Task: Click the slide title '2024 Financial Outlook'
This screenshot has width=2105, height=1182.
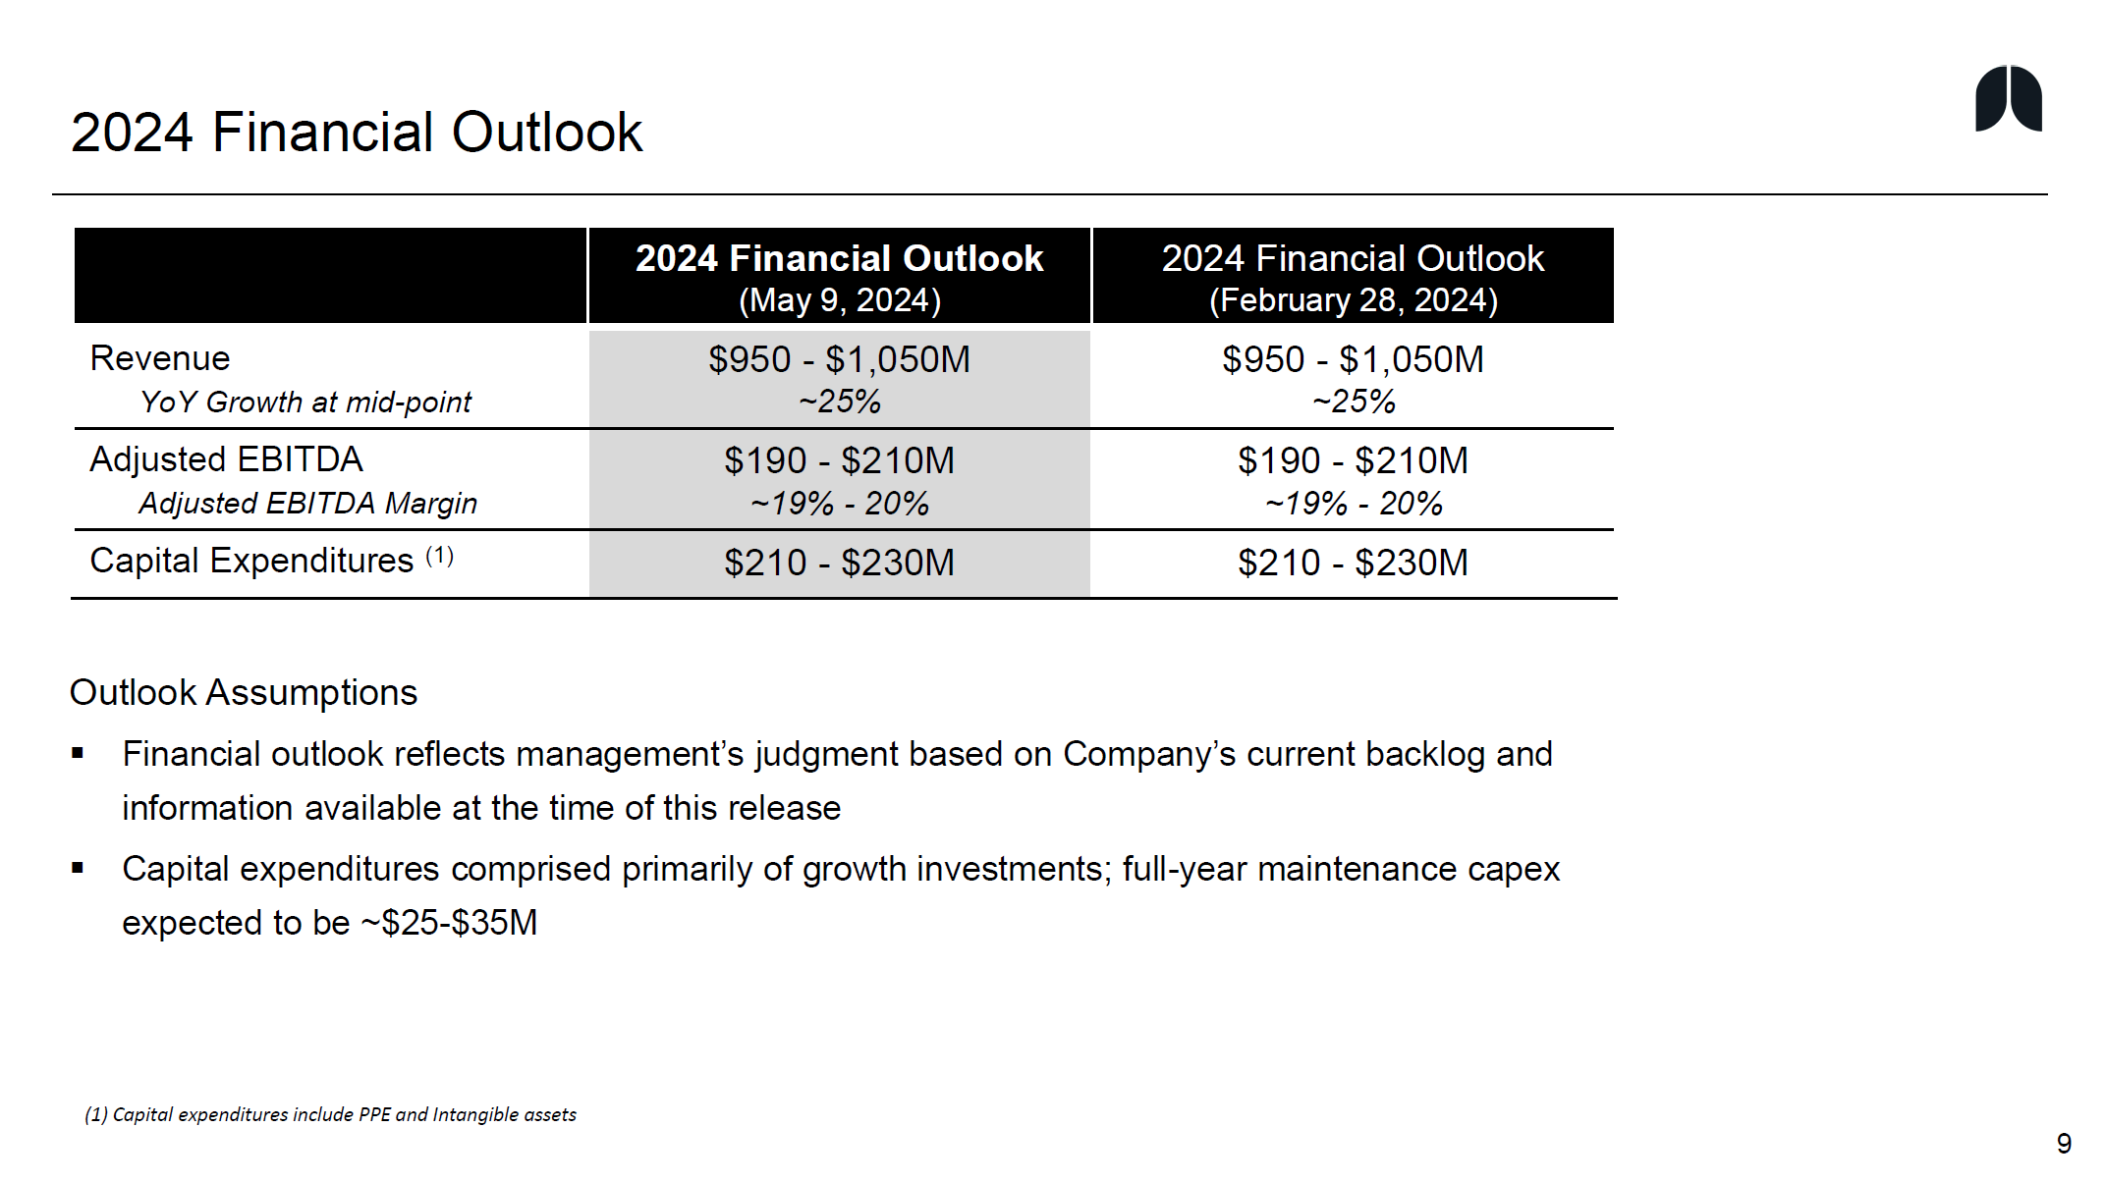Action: tap(356, 133)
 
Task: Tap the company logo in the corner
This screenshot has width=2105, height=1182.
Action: tap(2008, 99)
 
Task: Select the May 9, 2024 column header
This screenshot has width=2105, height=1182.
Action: tap(839, 277)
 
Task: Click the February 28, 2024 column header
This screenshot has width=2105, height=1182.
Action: tap(1353, 277)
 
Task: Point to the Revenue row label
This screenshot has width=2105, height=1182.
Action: tap(160, 358)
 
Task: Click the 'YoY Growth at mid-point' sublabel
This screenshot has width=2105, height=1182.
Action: tap(305, 403)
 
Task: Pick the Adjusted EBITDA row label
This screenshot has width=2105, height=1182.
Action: tap(226, 459)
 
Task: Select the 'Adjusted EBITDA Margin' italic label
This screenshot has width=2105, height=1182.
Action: tap(307, 504)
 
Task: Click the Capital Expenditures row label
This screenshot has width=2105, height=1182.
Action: tap(251, 561)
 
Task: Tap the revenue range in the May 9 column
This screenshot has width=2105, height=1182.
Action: tap(839, 359)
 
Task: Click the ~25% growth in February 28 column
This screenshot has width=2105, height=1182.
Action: tap(1353, 402)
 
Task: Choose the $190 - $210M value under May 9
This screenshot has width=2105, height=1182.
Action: tap(839, 460)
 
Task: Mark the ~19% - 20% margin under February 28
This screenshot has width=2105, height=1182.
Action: tap(1353, 504)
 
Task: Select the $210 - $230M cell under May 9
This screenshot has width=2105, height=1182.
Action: tap(839, 563)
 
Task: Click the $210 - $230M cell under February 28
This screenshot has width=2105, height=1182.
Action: tap(1353, 563)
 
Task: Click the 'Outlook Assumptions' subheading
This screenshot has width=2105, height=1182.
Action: tap(244, 692)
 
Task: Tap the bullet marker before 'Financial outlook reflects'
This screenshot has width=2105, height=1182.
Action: tap(78, 754)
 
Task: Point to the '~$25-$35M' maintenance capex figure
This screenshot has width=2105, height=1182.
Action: tap(450, 923)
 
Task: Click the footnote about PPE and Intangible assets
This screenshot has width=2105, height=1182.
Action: tap(330, 1114)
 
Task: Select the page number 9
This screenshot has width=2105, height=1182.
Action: tap(2064, 1144)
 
